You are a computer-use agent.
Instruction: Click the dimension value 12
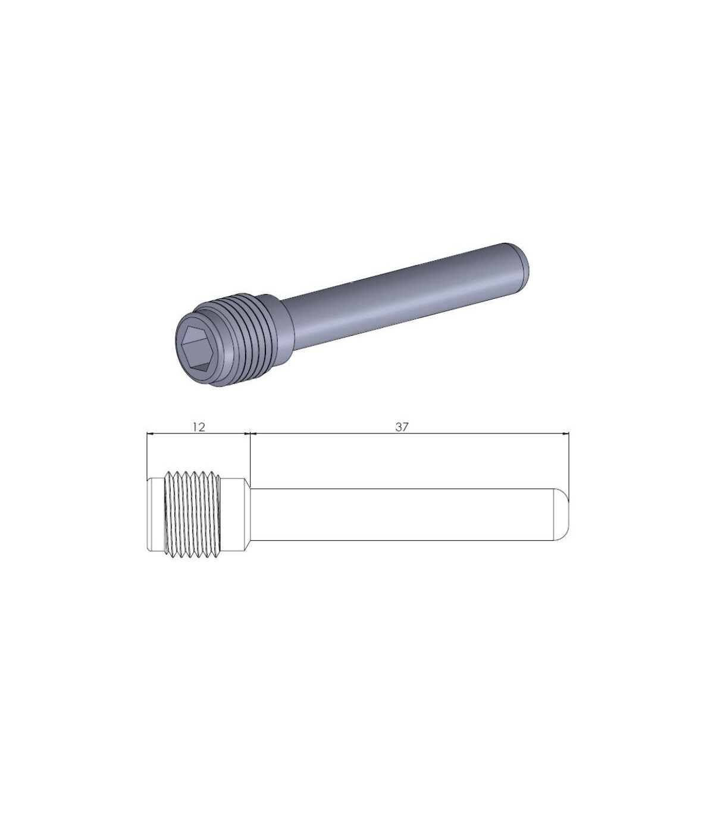pos(199,427)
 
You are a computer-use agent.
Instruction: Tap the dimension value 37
pos(402,427)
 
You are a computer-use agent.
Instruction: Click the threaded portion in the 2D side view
pos(192,514)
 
